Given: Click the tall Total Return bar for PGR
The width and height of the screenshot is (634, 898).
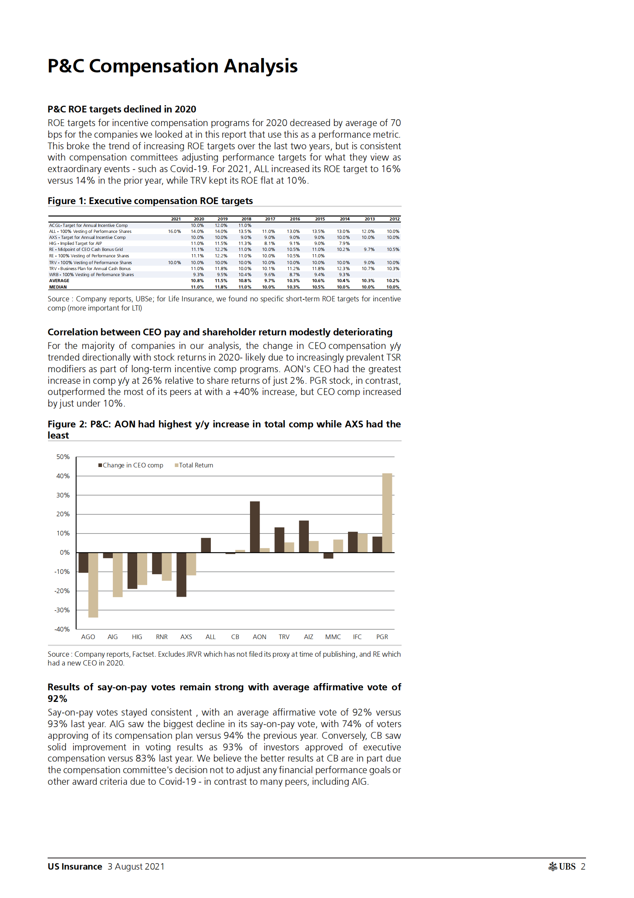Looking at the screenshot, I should (387, 513).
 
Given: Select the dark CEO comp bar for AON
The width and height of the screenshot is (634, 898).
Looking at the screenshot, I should (255, 527).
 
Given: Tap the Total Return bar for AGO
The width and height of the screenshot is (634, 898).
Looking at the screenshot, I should (93, 585).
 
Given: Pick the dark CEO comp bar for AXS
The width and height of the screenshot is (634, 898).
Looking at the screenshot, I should (181, 574).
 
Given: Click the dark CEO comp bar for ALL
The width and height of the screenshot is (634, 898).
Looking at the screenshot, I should (206, 545).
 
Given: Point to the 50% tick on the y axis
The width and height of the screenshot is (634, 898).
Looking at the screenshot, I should (63, 457).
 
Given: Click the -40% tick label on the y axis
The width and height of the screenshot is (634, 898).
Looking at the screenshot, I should (62, 629).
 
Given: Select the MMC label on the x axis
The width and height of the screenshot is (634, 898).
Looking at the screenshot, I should (333, 637).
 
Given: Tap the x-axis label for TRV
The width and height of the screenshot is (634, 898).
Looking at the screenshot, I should (284, 637).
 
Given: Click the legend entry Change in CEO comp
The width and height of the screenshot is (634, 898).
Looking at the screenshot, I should (131, 465).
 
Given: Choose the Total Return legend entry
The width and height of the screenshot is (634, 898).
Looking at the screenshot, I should (194, 465).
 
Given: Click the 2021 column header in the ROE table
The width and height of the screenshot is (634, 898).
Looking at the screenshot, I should (176, 219).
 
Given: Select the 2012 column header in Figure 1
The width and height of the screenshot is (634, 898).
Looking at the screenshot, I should (394, 219).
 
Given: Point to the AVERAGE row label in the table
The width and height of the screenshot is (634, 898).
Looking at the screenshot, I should (59, 281).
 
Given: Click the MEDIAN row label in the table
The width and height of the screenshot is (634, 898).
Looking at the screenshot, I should (58, 287).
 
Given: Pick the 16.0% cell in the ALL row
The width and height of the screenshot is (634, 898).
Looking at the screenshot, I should (174, 231).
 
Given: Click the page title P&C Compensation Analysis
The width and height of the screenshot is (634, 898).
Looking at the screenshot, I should (172, 66).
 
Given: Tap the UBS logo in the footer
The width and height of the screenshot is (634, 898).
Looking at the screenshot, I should (562, 866).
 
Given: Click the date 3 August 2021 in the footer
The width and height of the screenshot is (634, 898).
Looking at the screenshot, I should (136, 866).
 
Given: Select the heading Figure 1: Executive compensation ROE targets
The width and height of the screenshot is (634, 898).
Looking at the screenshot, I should (150, 201).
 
